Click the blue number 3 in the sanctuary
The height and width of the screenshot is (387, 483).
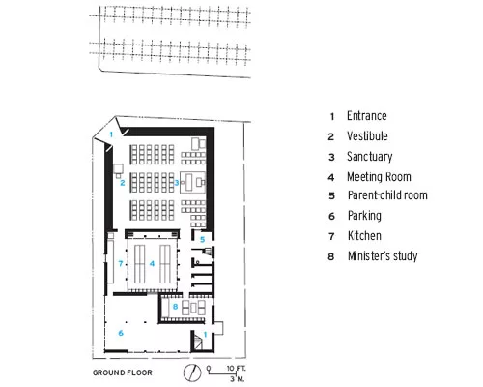(x=176, y=183)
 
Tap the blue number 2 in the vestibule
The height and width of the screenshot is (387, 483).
(x=123, y=183)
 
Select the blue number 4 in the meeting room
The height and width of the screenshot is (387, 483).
(x=152, y=264)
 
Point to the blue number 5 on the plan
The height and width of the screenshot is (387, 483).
(x=202, y=240)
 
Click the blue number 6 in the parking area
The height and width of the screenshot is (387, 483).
(x=121, y=333)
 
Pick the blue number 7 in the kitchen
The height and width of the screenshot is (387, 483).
(x=120, y=264)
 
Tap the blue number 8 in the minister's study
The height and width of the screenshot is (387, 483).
(x=175, y=307)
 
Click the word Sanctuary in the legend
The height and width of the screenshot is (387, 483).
(x=370, y=157)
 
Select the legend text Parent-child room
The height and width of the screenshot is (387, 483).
(x=387, y=195)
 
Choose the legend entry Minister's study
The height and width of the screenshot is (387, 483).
(x=383, y=255)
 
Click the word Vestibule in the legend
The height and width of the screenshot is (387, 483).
(x=367, y=136)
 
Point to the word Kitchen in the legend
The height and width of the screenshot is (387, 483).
(x=364, y=235)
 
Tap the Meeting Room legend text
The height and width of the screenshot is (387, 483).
(x=379, y=177)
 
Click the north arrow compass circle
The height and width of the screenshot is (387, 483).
(x=192, y=372)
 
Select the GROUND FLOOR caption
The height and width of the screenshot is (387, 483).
(x=123, y=372)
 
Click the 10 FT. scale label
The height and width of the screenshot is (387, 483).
(x=236, y=368)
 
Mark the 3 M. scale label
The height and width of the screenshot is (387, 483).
(x=237, y=378)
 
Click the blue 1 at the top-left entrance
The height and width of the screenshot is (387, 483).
(x=111, y=134)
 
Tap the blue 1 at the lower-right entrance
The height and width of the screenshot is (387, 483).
(x=205, y=335)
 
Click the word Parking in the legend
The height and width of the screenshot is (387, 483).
(x=364, y=216)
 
